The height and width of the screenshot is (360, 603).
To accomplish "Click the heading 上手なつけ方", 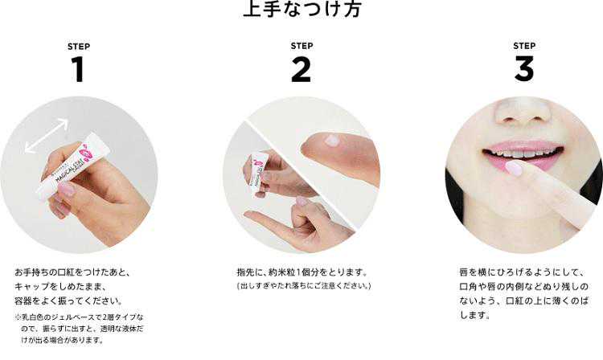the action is point(302,9).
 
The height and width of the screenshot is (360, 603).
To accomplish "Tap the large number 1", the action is point(78,70).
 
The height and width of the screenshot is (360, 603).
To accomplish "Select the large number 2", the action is point(301,69).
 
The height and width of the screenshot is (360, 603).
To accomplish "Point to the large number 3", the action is point(524,69).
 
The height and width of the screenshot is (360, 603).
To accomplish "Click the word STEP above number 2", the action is point(301,46).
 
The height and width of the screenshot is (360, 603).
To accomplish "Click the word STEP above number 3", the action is point(524,46).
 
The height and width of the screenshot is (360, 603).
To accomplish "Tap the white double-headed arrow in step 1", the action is point(47,136).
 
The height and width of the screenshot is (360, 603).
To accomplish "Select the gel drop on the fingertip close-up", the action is point(331,141).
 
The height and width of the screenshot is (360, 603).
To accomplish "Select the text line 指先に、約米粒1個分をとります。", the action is point(302,272).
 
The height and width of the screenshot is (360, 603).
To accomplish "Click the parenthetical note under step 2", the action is point(303,286).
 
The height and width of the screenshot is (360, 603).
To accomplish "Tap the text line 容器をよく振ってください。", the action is point(69,301).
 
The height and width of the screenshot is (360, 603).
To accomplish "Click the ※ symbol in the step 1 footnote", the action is point(18,317).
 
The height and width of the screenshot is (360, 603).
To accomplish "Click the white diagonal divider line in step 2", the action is point(301,174).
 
